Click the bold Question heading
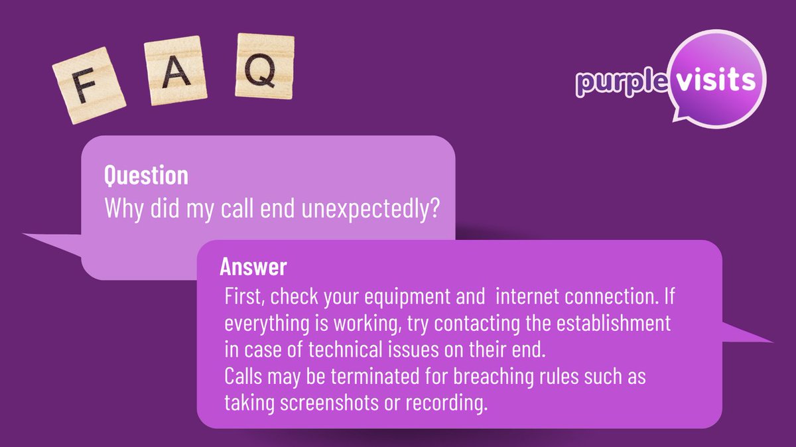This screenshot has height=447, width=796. (146, 176)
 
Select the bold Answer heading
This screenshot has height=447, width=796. (253, 267)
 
